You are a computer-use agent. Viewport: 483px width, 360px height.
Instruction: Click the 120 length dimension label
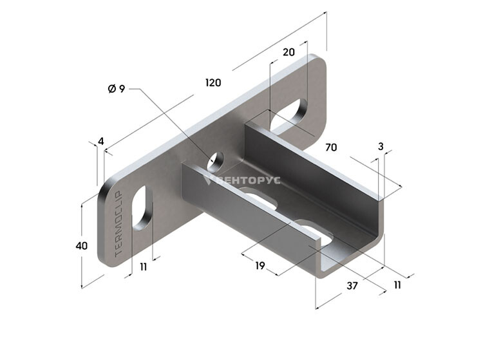pos(213,82)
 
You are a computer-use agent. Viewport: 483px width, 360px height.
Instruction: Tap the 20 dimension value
pos(289,52)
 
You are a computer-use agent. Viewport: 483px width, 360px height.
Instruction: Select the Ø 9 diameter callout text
pos(117,89)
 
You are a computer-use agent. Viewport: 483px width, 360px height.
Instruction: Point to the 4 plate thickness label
pos(101,141)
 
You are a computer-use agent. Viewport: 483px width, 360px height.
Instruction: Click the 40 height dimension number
pos(82,246)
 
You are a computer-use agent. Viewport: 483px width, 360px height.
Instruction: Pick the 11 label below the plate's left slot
pos(143,267)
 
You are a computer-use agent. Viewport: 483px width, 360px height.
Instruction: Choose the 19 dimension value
pos(260,265)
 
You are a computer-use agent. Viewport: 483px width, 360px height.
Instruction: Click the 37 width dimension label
pos(352,286)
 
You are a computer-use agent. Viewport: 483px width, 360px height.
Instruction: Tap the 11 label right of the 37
pos(397,285)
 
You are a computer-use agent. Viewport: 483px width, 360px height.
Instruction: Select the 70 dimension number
pos(331,147)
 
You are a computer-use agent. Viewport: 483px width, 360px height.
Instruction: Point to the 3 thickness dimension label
pos(381,147)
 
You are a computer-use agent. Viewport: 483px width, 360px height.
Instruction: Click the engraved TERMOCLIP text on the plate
pos(118,224)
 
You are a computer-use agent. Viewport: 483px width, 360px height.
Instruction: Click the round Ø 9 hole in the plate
pos(216,162)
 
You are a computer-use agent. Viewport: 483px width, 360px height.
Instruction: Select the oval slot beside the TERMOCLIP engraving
pos(142,208)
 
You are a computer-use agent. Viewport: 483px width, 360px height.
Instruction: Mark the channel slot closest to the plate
pos(258,197)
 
